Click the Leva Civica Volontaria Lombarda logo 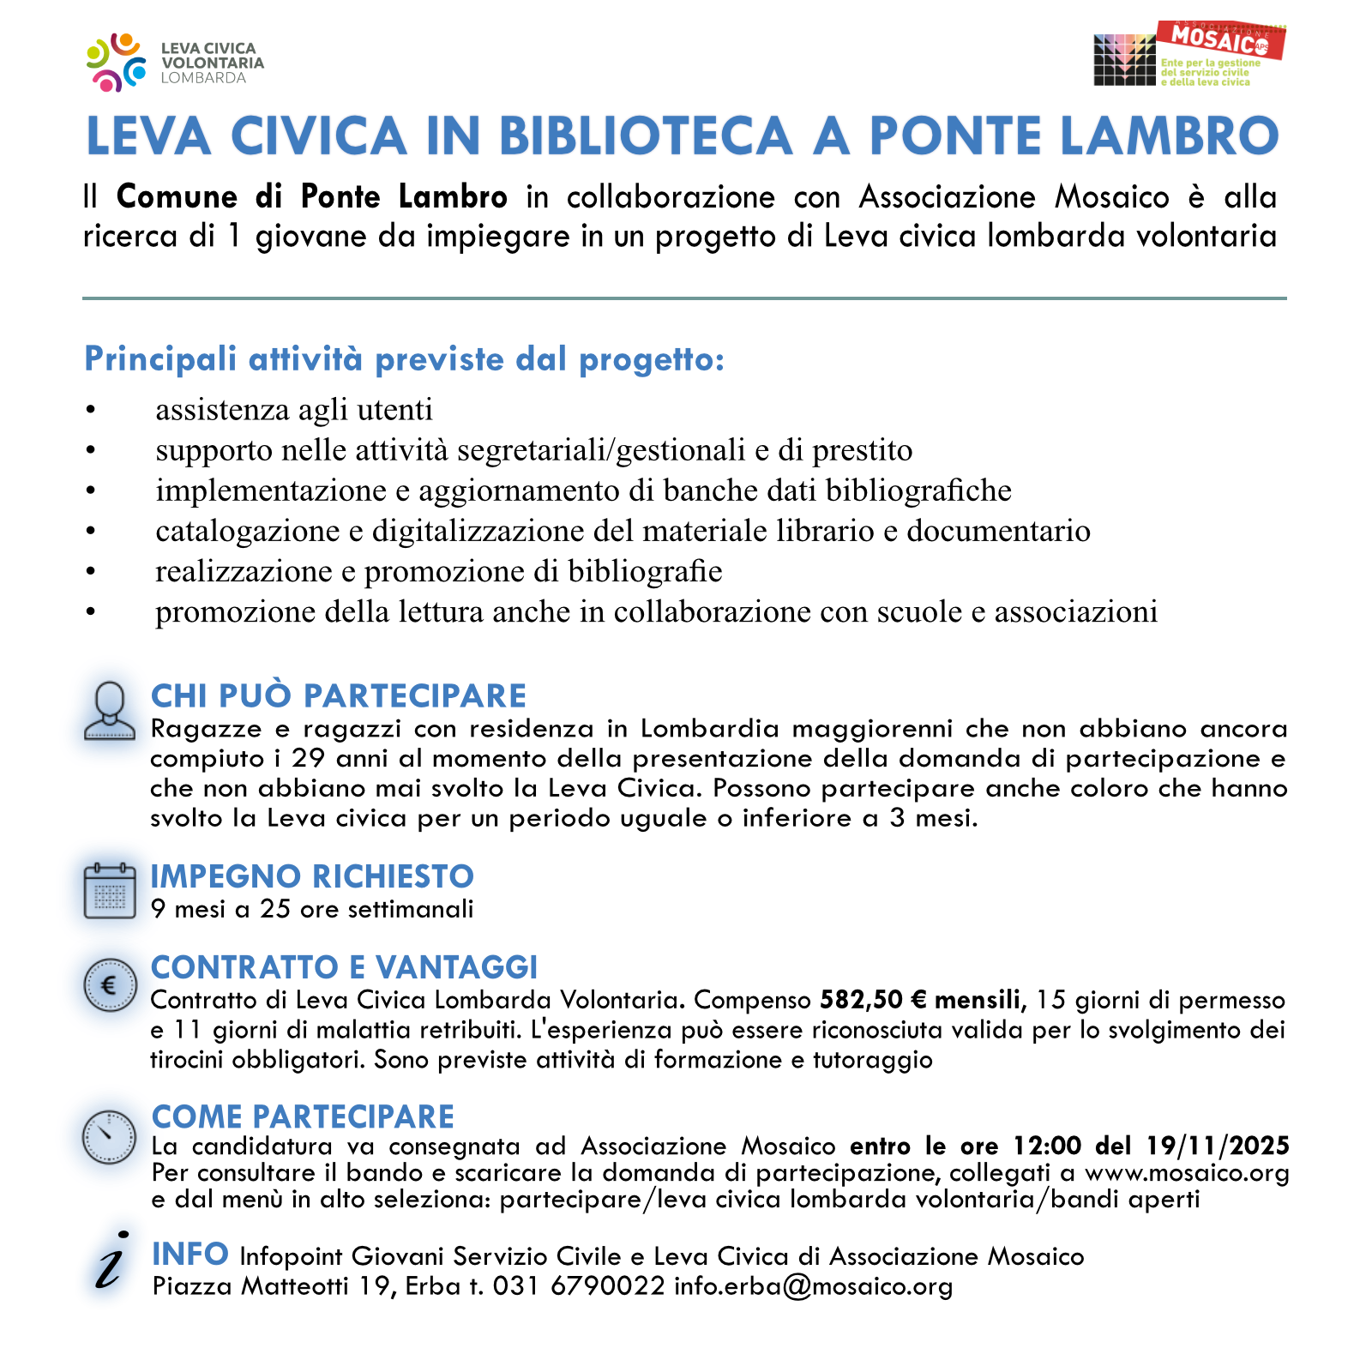[175, 63]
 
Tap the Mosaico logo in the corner [1189, 54]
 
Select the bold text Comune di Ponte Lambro [312, 197]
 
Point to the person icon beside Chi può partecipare [110, 711]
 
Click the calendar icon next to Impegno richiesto [110, 891]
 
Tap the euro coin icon [110, 985]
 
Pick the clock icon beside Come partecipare [109, 1137]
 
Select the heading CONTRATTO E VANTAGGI [344, 967]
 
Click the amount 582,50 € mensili [923, 1001]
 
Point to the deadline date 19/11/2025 [1218, 1146]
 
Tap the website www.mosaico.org [1187, 1173]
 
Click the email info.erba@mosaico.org [813, 1286]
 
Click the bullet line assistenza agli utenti [293, 410]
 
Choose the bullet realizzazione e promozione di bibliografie [438, 571]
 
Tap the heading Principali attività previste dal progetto [404, 359]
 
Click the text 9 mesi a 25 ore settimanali [312, 909]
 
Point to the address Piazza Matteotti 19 [273, 1286]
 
